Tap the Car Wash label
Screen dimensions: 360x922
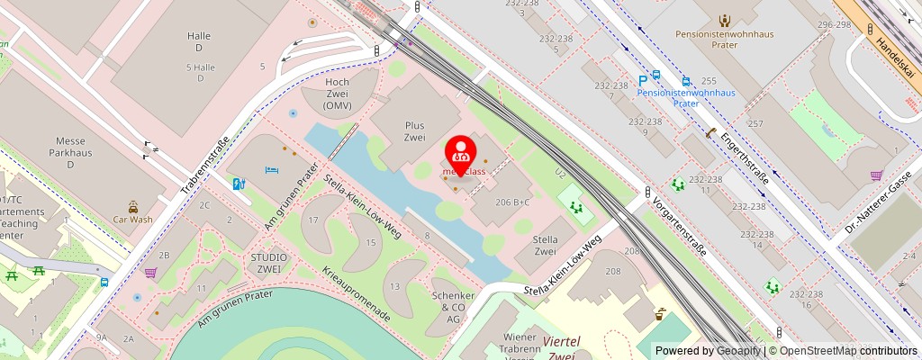132,219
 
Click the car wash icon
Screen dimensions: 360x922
132,206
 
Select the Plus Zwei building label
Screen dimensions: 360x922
414,131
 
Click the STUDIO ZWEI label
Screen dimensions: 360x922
269,263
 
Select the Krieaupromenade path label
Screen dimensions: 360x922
357,295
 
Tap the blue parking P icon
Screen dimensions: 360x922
643,80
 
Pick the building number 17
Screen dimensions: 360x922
313,220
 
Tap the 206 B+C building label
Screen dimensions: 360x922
511,202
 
